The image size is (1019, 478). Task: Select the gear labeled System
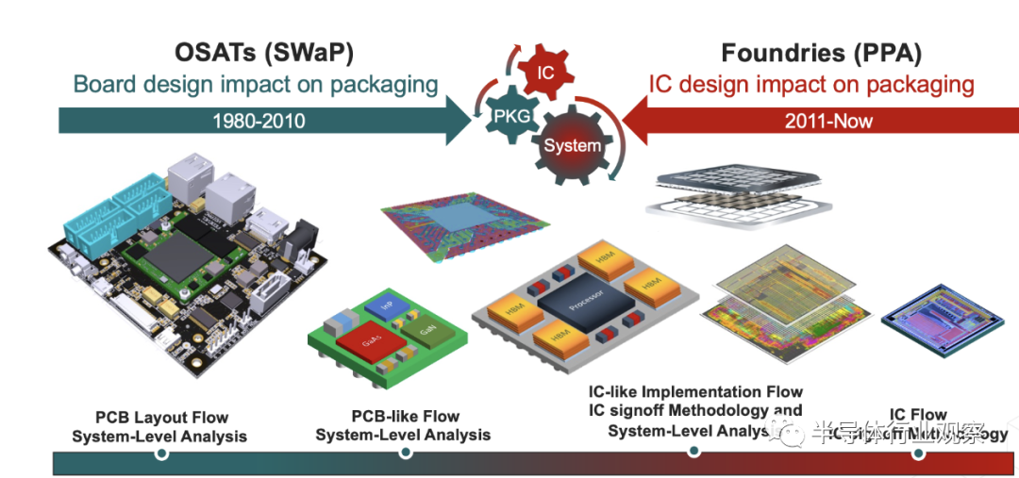click(573, 144)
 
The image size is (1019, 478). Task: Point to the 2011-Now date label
click(828, 121)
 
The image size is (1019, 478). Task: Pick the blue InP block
click(386, 306)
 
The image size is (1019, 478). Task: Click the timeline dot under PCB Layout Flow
click(161, 453)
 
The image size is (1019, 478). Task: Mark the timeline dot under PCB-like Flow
click(406, 453)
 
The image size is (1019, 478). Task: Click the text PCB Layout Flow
click(161, 417)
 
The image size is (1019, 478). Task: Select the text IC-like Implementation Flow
click(695, 391)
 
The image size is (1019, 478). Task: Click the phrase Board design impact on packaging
click(256, 84)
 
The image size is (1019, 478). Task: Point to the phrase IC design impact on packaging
click(810, 84)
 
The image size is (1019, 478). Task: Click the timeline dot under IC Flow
click(918, 453)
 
